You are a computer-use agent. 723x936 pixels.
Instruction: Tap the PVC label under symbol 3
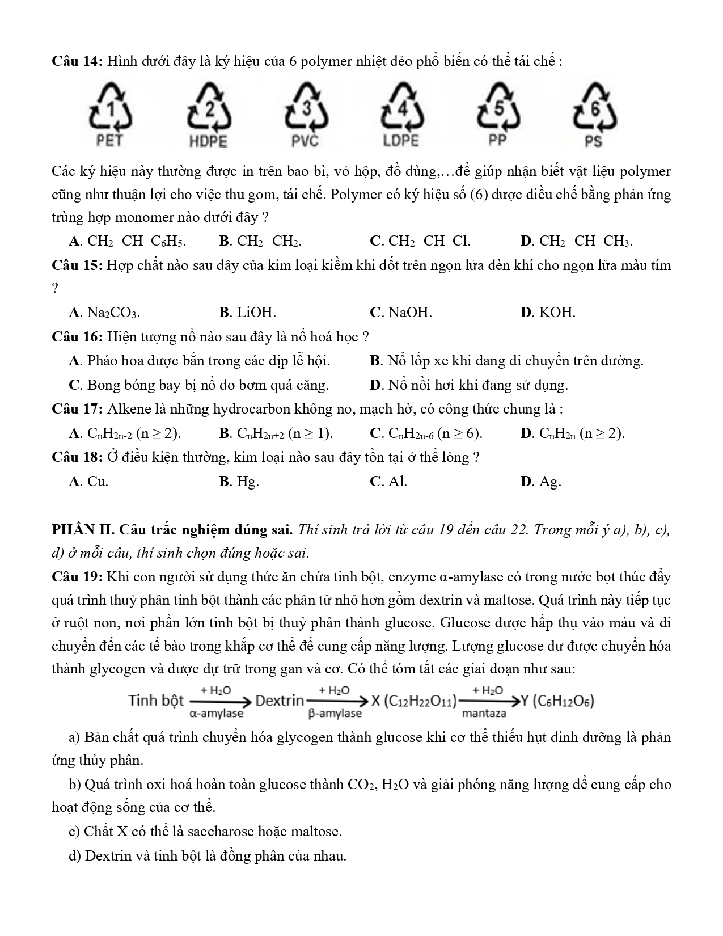pyautogui.click(x=305, y=141)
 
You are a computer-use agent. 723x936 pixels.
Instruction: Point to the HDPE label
pyautogui.click(x=208, y=141)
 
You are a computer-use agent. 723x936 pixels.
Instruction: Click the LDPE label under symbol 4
pyautogui.click(x=400, y=141)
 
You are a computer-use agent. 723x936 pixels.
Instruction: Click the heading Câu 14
pyautogui.click(x=76, y=61)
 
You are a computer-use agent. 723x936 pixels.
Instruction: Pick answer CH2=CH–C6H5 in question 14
pyautogui.click(x=136, y=242)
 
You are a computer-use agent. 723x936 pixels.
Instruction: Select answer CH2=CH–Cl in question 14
pyautogui.click(x=429, y=242)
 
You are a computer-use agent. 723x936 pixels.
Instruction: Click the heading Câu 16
pyautogui.click(x=76, y=337)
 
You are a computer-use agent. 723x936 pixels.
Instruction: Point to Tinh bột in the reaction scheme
pyautogui.click(x=157, y=701)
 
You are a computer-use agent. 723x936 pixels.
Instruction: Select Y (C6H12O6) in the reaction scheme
pyautogui.click(x=557, y=701)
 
